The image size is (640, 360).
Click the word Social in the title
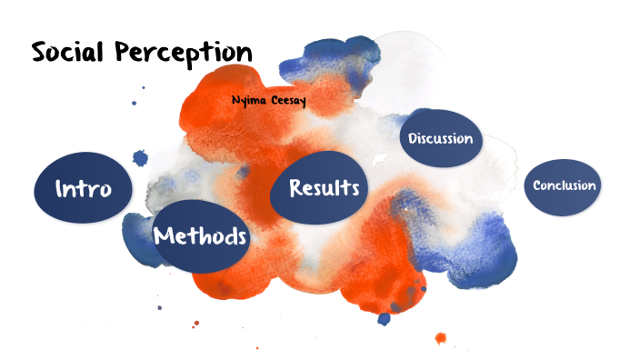pos(69,52)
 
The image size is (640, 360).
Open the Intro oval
pos(83,190)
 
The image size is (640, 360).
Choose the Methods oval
pos(200,236)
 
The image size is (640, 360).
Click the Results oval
pos(324,188)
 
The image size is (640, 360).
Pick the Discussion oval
pos(440,139)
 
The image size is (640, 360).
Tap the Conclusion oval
pos(564,185)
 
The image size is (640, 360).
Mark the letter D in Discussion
pos(414,139)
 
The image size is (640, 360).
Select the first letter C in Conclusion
pos(537,185)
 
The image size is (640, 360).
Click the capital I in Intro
pos(60,190)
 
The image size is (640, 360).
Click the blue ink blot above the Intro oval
pos(140,158)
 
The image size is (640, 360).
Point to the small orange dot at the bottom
pos(441,338)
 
